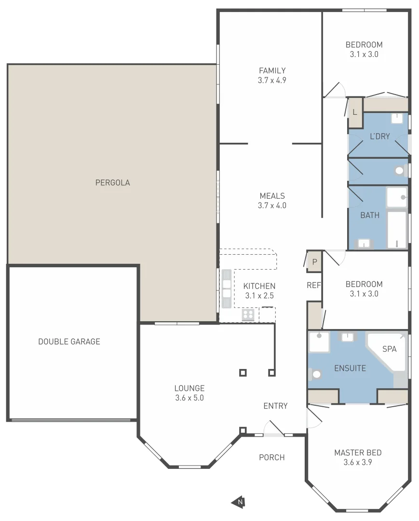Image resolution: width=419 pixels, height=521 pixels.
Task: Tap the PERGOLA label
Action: click(112, 183)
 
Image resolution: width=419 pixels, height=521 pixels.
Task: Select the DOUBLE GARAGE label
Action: click(69, 342)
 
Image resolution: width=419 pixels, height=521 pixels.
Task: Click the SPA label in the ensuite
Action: click(389, 349)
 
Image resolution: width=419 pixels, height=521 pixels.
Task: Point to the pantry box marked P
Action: click(314, 262)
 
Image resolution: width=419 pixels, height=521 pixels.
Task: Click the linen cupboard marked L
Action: click(355, 112)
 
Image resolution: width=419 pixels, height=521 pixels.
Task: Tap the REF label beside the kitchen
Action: click(313, 285)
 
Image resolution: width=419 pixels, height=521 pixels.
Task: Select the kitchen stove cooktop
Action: click(248, 315)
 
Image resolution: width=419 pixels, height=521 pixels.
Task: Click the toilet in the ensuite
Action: click(316, 374)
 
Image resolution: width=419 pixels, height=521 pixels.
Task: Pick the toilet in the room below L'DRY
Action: click(400, 171)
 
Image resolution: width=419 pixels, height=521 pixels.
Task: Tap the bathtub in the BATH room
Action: click(398, 230)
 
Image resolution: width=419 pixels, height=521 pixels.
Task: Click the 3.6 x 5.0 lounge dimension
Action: click(189, 398)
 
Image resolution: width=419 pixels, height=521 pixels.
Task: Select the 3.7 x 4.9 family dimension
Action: click(272, 81)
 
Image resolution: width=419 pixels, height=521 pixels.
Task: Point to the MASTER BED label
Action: click(358, 452)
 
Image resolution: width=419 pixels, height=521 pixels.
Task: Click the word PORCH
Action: click(272, 457)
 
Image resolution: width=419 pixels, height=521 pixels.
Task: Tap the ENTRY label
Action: click(275, 406)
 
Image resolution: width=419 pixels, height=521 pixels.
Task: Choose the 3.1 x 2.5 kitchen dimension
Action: click(259, 296)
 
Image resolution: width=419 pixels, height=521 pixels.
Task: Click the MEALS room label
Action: click(272, 196)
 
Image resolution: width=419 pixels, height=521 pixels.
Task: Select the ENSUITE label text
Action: click(350, 368)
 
